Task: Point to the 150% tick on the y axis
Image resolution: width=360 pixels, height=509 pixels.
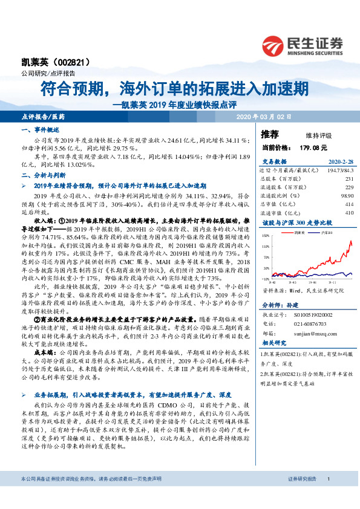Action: click(264, 239)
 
